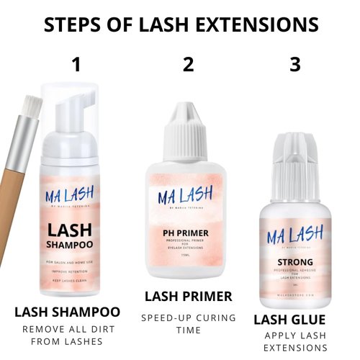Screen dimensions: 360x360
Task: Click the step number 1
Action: pyautogui.click(x=77, y=65)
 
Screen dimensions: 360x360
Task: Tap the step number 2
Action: pyautogui.click(x=189, y=65)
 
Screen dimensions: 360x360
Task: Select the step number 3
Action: pyautogui.click(x=294, y=65)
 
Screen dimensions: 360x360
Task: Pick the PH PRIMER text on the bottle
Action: pyautogui.click(x=188, y=232)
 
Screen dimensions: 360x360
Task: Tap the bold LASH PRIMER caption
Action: pyautogui.click(x=189, y=296)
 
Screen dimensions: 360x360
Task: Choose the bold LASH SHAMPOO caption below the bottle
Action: pyautogui.click(x=68, y=312)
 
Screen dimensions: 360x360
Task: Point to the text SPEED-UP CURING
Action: pyautogui.click(x=188, y=318)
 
